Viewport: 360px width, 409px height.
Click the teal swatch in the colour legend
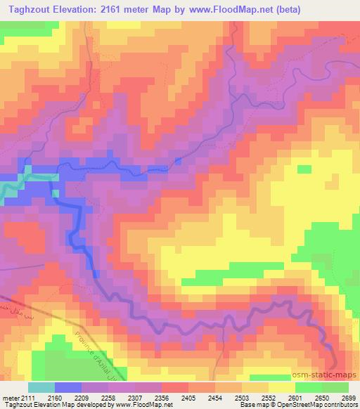[x=41, y=388]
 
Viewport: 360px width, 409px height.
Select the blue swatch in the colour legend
[x=67, y=388]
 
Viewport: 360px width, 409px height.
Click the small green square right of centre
[x=304, y=169]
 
